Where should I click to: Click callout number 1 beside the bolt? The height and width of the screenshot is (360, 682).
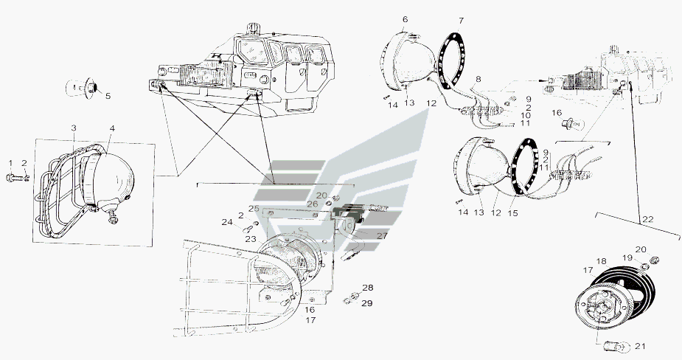[x=11, y=163]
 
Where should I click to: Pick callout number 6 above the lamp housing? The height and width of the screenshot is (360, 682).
[x=405, y=20]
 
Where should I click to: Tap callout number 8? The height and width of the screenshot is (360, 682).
[x=478, y=80]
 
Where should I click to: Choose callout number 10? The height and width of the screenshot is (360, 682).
[x=526, y=115]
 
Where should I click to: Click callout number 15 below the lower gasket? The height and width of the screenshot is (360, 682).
[x=513, y=213]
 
